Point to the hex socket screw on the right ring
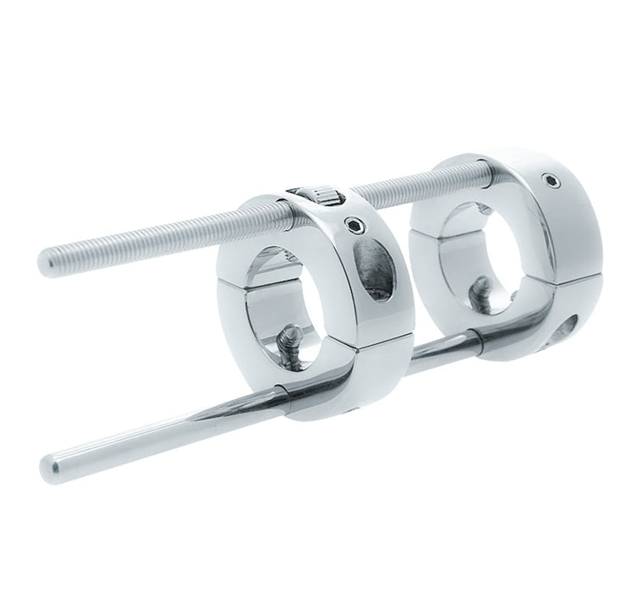(x=550, y=180)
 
